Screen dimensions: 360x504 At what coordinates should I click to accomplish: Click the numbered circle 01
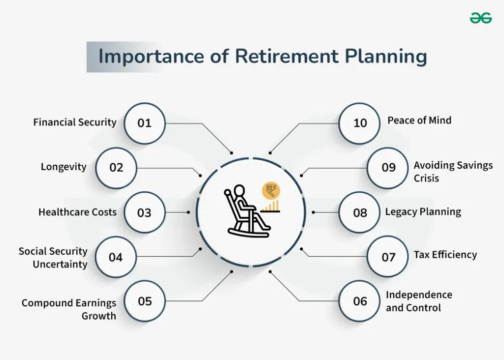point(144,123)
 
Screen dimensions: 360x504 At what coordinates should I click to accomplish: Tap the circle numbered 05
point(145,301)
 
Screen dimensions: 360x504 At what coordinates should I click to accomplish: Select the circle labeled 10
point(360,123)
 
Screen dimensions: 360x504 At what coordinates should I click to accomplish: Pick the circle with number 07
point(388,257)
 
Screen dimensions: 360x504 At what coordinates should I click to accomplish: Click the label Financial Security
point(75,122)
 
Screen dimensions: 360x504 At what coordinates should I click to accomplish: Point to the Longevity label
point(63,167)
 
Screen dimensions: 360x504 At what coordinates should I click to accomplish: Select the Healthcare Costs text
point(77,212)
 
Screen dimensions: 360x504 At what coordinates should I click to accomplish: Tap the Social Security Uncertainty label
point(53,258)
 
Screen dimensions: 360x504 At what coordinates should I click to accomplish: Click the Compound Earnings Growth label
point(69,309)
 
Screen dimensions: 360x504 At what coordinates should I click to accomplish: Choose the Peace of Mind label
point(419,120)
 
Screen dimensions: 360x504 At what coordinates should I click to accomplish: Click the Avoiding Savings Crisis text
point(453,171)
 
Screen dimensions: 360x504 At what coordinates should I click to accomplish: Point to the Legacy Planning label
point(423,212)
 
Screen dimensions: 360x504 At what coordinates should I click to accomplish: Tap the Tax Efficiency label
point(445,254)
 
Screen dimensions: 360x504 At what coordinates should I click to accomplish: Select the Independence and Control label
point(419,301)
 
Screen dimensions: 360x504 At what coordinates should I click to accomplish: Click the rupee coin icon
point(270,189)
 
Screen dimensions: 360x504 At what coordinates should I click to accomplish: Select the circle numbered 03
point(144,212)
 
